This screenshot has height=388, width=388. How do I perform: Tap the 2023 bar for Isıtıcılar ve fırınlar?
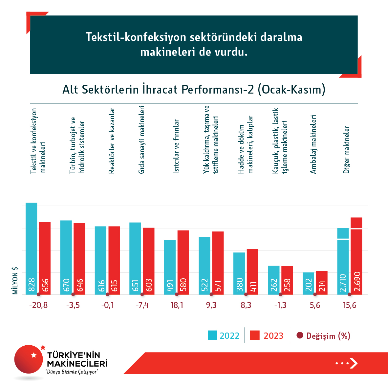tap(183, 262)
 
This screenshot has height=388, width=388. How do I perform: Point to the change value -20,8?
tap(38, 305)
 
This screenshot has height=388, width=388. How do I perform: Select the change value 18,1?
tap(177, 305)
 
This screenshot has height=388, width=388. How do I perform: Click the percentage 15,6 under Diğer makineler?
tap(350, 305)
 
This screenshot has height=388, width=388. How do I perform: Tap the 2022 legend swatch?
tap(212, 335)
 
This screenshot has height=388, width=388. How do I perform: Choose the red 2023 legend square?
tap(255, 335)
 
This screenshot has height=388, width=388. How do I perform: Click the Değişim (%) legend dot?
tap(300, 335)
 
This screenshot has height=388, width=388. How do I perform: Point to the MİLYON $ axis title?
tap(15, 281)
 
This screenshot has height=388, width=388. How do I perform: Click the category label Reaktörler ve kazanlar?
tap(112, 140)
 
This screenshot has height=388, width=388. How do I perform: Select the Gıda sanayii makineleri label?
tap(141, 140)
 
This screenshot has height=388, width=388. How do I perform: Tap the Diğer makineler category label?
tap(346, 150)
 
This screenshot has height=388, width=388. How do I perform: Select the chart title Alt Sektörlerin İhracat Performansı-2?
tap(194, 89)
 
